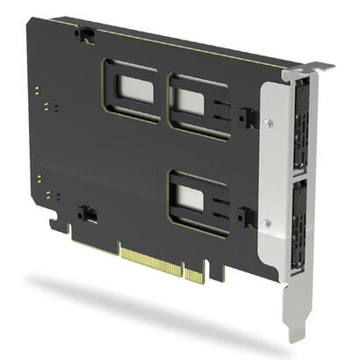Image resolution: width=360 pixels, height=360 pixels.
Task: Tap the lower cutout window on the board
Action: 190,198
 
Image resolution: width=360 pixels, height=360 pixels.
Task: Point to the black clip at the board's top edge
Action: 85,34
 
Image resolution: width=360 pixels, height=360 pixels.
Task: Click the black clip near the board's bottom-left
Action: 87,213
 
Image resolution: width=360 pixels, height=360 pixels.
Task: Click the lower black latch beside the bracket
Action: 247,216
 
